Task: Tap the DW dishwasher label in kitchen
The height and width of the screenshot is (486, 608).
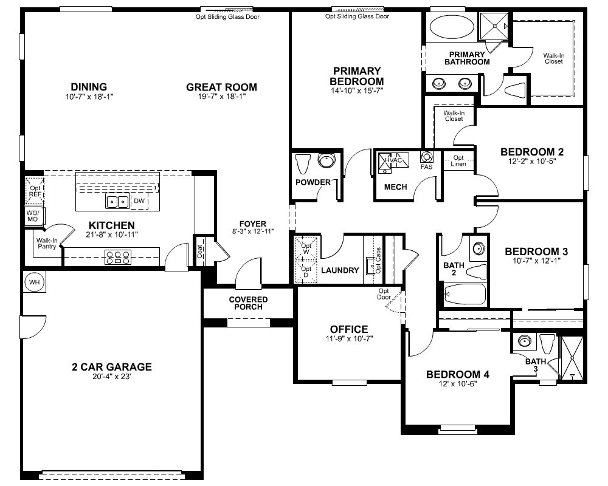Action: tap(139, 201)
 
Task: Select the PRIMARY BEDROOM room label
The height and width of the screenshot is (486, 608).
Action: tap(356, 76)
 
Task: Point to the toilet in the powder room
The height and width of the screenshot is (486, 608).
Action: tap(303, 164)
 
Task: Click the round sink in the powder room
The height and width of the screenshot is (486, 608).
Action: tap(326, 162)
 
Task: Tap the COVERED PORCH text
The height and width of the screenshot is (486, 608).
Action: tap(248, 303)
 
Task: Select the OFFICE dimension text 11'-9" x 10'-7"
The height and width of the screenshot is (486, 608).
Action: tap(348, 339)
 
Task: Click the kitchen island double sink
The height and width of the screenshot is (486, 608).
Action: tap(117, 201)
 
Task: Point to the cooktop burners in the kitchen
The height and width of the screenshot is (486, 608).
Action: tap(118, 256)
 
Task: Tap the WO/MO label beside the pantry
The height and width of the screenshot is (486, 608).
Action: tap(32, 216)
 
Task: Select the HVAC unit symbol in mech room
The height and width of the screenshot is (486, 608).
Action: tap(392, 162)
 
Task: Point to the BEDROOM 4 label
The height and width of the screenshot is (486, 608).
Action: tap(457, 374)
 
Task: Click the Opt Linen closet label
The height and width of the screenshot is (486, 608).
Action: tap(458, 161)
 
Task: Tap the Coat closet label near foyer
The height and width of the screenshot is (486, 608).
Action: tap(201, 252)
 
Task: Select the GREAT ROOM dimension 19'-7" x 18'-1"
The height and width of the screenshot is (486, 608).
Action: tap(221, 97)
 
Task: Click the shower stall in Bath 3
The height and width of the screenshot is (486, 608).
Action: tap(572, 358)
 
